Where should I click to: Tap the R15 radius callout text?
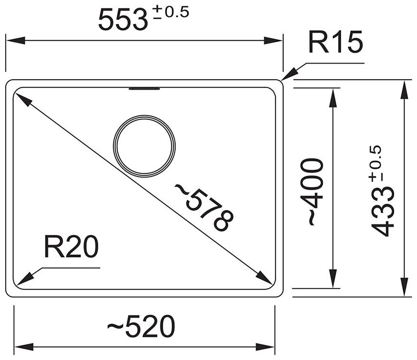pos(335,43)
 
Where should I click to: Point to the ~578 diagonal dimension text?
pos(204,207)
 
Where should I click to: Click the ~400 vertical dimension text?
pos(314,192)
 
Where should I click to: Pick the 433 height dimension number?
pos(383,211)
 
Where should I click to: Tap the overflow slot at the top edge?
pos(145,88)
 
